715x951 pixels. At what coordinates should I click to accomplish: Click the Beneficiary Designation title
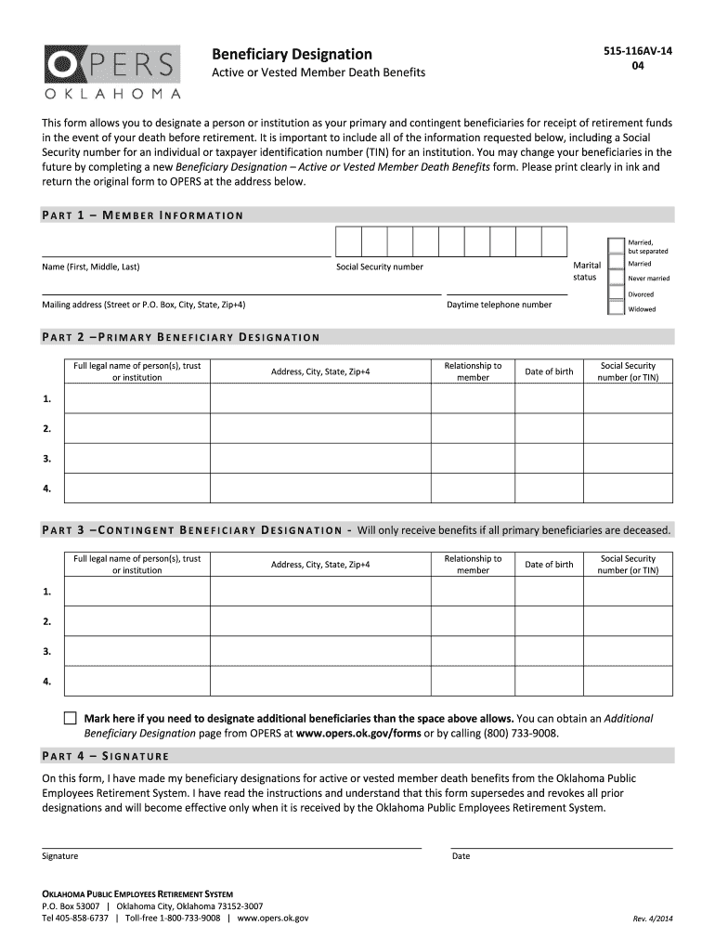(292, 54)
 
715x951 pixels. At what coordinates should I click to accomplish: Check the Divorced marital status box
(615, 294)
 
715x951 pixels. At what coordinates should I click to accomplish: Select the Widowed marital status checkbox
(615, 309)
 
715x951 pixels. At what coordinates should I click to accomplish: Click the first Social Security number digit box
(347, 241)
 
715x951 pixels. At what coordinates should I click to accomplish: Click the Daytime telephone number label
(499, 305)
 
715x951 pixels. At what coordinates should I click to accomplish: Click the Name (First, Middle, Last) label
(91, 267)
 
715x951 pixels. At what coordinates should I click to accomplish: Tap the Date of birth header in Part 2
(549, 371)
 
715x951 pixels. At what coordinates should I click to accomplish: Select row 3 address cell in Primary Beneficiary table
(319, 459)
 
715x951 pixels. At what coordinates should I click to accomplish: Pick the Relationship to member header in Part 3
(473, 565)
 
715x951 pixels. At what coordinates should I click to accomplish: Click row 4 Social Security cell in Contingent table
(628, 681)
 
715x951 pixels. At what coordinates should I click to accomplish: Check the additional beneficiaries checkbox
(71, 719)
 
